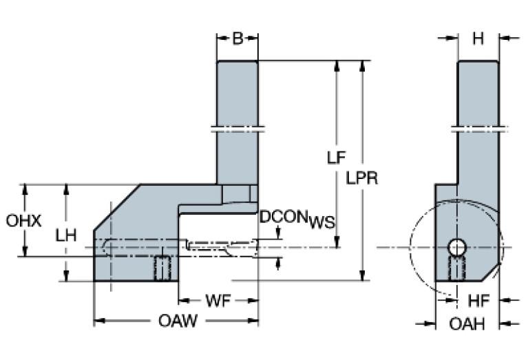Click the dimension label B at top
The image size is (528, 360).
point(237,38)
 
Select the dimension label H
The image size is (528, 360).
point(478,38)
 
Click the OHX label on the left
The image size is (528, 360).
point(24,222)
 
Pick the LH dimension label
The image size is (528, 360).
point(66,235)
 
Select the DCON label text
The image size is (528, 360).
point(283,218)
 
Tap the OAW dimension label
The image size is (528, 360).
point(176,321)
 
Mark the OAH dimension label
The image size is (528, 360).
point(467,324)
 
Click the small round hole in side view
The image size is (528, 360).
point(456,246)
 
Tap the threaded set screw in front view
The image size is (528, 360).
point(162,268)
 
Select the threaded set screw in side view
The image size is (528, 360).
point(456,268)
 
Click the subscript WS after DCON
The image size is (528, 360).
point(321,222)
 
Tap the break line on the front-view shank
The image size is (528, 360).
point(237,127)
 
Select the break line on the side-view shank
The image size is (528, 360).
point(478,127)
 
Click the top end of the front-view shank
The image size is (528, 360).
point(237,62)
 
